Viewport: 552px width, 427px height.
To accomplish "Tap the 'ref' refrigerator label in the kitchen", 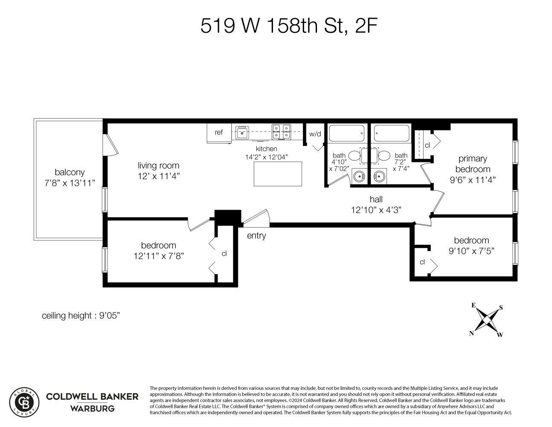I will pos(218,132).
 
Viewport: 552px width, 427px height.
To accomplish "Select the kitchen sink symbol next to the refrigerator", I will pos(242,132).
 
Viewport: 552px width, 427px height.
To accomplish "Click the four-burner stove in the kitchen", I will pos(281,132).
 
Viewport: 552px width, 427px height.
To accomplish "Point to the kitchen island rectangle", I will pos(278,174).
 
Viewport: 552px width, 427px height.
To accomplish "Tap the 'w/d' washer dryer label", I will pos(315,134).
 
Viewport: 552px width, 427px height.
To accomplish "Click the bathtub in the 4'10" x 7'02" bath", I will pos(347,133).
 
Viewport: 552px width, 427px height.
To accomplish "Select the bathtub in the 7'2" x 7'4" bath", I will pos(391,133).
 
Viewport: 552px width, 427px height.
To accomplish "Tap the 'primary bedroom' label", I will pos(472,164).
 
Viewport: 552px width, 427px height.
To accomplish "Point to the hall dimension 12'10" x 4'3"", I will pos(376,210).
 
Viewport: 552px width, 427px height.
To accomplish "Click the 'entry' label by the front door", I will pos(256,236).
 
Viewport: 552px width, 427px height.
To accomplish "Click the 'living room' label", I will pos(158,166).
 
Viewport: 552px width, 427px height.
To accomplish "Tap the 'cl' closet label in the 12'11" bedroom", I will pos(224,254).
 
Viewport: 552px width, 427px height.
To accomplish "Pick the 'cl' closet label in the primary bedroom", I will pos(427,145).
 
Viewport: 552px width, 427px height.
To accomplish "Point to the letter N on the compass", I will pos(471,333).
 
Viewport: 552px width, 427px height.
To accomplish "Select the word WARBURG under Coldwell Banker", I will pos(92,409).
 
